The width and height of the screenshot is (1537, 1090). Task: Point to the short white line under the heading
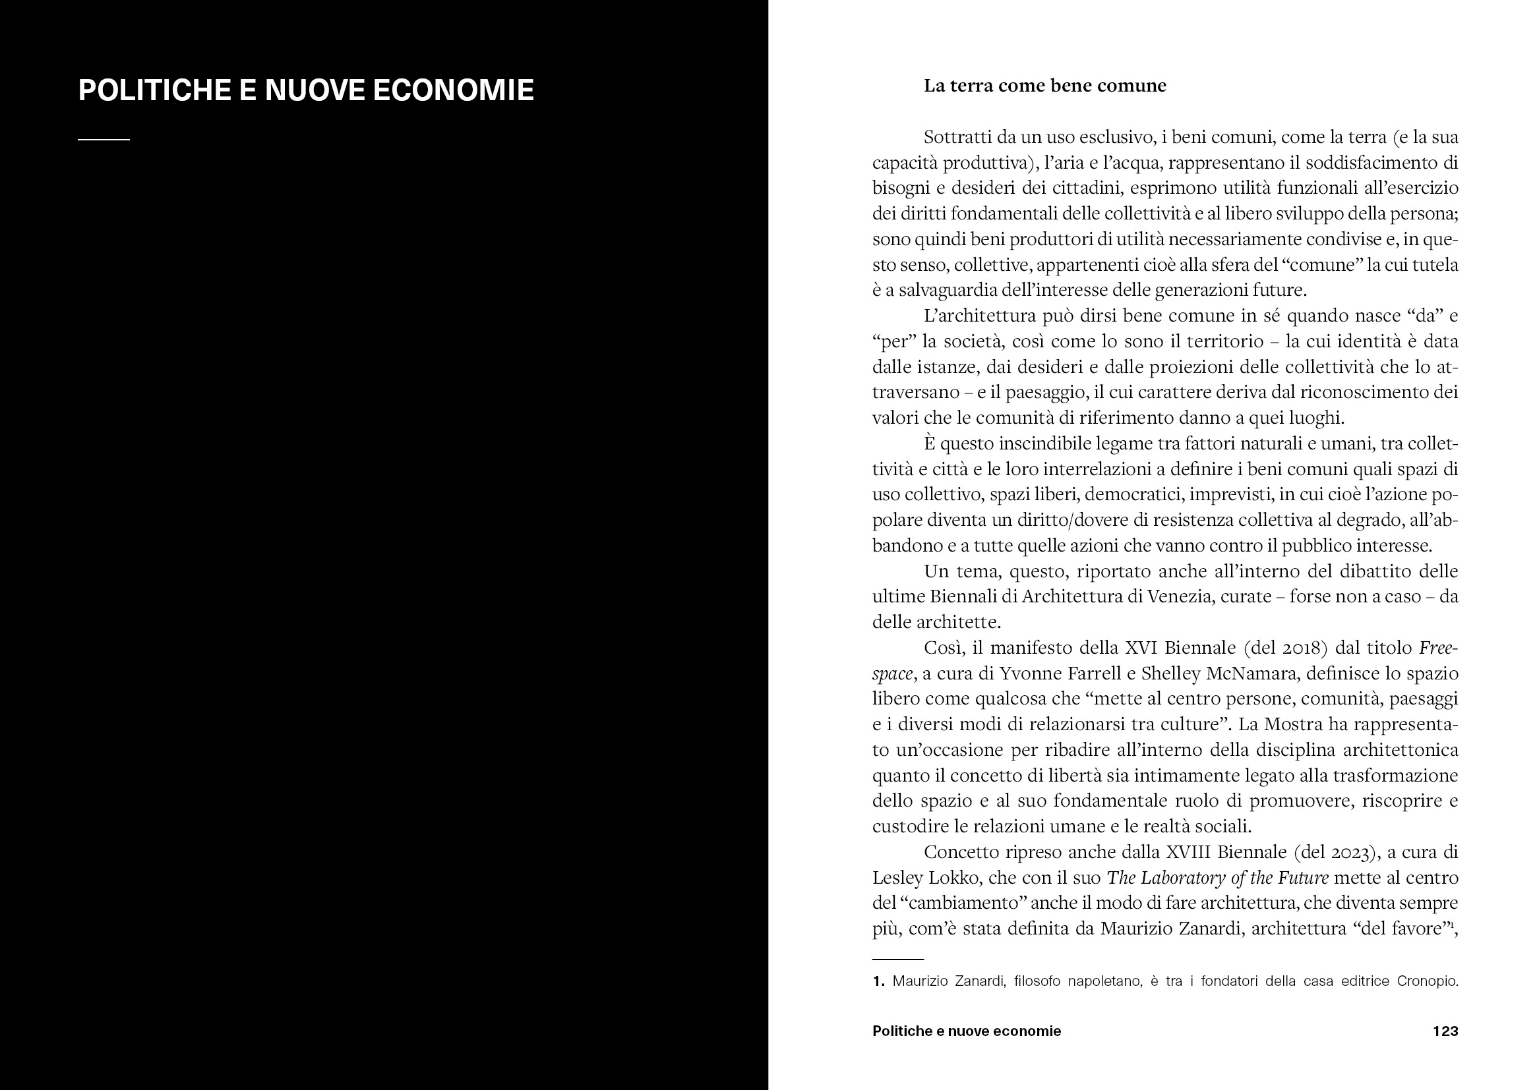coord(104,139)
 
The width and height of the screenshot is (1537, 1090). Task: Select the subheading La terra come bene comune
coord(1044,86)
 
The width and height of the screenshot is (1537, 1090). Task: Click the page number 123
coord(1445,1031)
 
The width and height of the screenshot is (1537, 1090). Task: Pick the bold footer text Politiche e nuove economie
coord(966,1031)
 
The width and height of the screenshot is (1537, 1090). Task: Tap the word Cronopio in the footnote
coord(1427,981)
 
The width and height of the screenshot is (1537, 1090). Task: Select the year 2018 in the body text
coord(1300,648)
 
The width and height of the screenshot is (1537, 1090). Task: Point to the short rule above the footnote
coord(898,959)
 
